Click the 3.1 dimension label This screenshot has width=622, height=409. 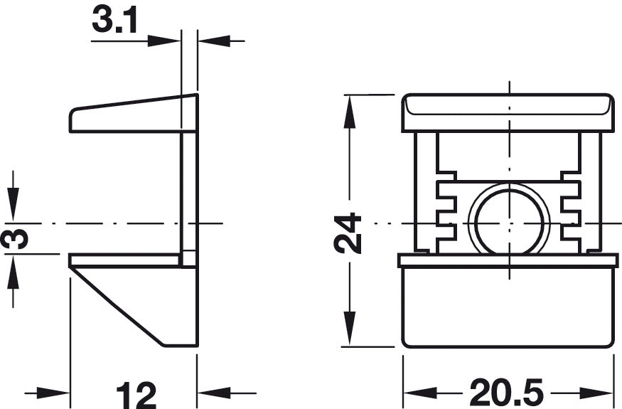(x=114, y=20)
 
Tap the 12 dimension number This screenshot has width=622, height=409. (x=136, y=395)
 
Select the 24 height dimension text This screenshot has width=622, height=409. (x=348, y=233)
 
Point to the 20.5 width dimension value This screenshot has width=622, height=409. (x=507, y=393)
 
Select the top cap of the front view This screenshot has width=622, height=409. (x=508, y=113)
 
